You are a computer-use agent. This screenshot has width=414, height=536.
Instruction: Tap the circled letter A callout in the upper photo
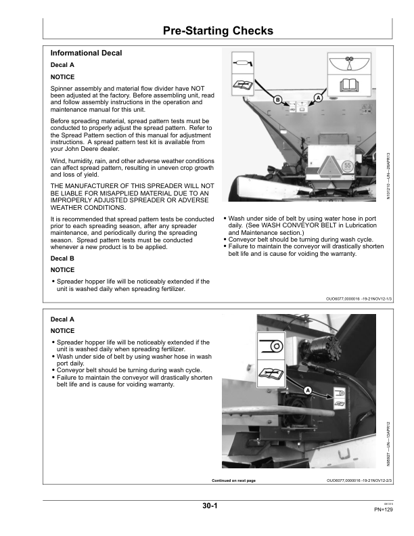click(318, 97)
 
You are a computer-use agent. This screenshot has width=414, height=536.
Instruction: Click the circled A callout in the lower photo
click(307, 390)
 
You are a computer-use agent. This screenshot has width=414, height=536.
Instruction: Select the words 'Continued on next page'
click(233, 480)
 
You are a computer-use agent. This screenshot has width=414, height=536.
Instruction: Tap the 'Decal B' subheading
click(63, 258)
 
